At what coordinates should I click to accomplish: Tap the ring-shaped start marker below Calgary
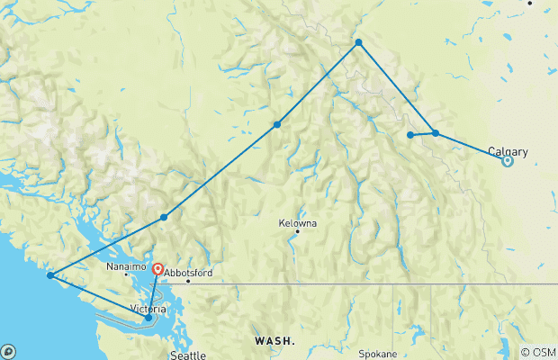508,162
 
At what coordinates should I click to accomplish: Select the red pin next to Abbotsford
157,269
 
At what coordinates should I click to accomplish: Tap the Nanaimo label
121,267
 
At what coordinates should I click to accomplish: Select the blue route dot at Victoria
148,318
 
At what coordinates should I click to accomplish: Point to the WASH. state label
273,342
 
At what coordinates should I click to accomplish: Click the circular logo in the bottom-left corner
8,351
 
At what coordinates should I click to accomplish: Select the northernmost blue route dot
358,42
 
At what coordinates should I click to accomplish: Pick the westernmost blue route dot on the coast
50,275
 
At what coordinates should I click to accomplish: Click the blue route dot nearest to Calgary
435,133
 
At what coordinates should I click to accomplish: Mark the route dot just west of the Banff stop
410,135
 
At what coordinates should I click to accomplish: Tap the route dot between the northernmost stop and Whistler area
277,124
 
